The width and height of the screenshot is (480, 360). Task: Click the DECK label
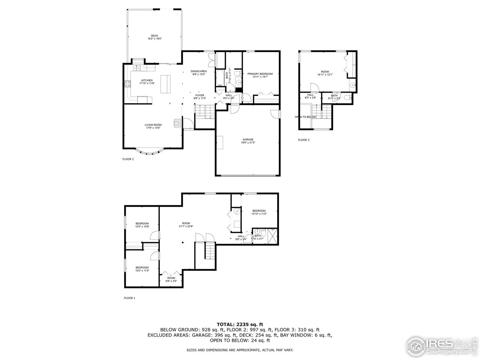154,36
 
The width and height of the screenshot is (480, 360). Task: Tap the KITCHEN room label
147,80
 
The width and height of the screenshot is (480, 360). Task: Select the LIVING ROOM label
153,125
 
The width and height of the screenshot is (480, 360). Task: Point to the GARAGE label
248,139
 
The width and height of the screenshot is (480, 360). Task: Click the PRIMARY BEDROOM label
260,74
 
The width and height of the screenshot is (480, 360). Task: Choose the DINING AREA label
198,71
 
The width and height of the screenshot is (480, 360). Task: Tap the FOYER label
199,96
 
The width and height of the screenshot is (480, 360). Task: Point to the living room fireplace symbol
177,123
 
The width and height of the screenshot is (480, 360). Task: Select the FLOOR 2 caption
128,159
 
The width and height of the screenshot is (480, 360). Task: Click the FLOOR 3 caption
304,140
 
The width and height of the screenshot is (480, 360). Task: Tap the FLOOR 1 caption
129,298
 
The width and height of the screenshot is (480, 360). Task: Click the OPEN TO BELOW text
305,117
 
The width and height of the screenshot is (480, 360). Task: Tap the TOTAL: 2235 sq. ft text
240,324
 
